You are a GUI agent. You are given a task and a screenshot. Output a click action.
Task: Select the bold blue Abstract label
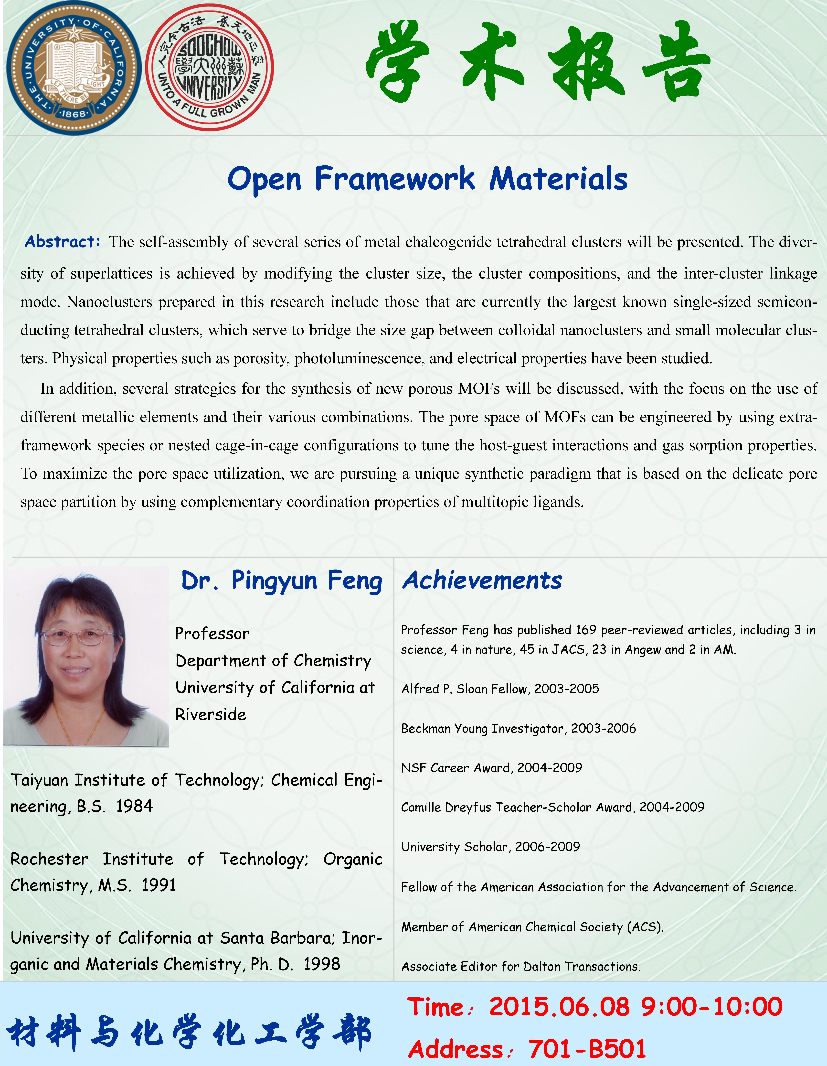point(63,242)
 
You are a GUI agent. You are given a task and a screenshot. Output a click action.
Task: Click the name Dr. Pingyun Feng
point(282,581)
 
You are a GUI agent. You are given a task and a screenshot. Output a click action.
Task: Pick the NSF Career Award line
point(491,768)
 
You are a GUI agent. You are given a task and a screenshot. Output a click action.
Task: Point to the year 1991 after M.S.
point(159,885)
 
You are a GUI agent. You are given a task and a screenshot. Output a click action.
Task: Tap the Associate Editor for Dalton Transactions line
point(521,966)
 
